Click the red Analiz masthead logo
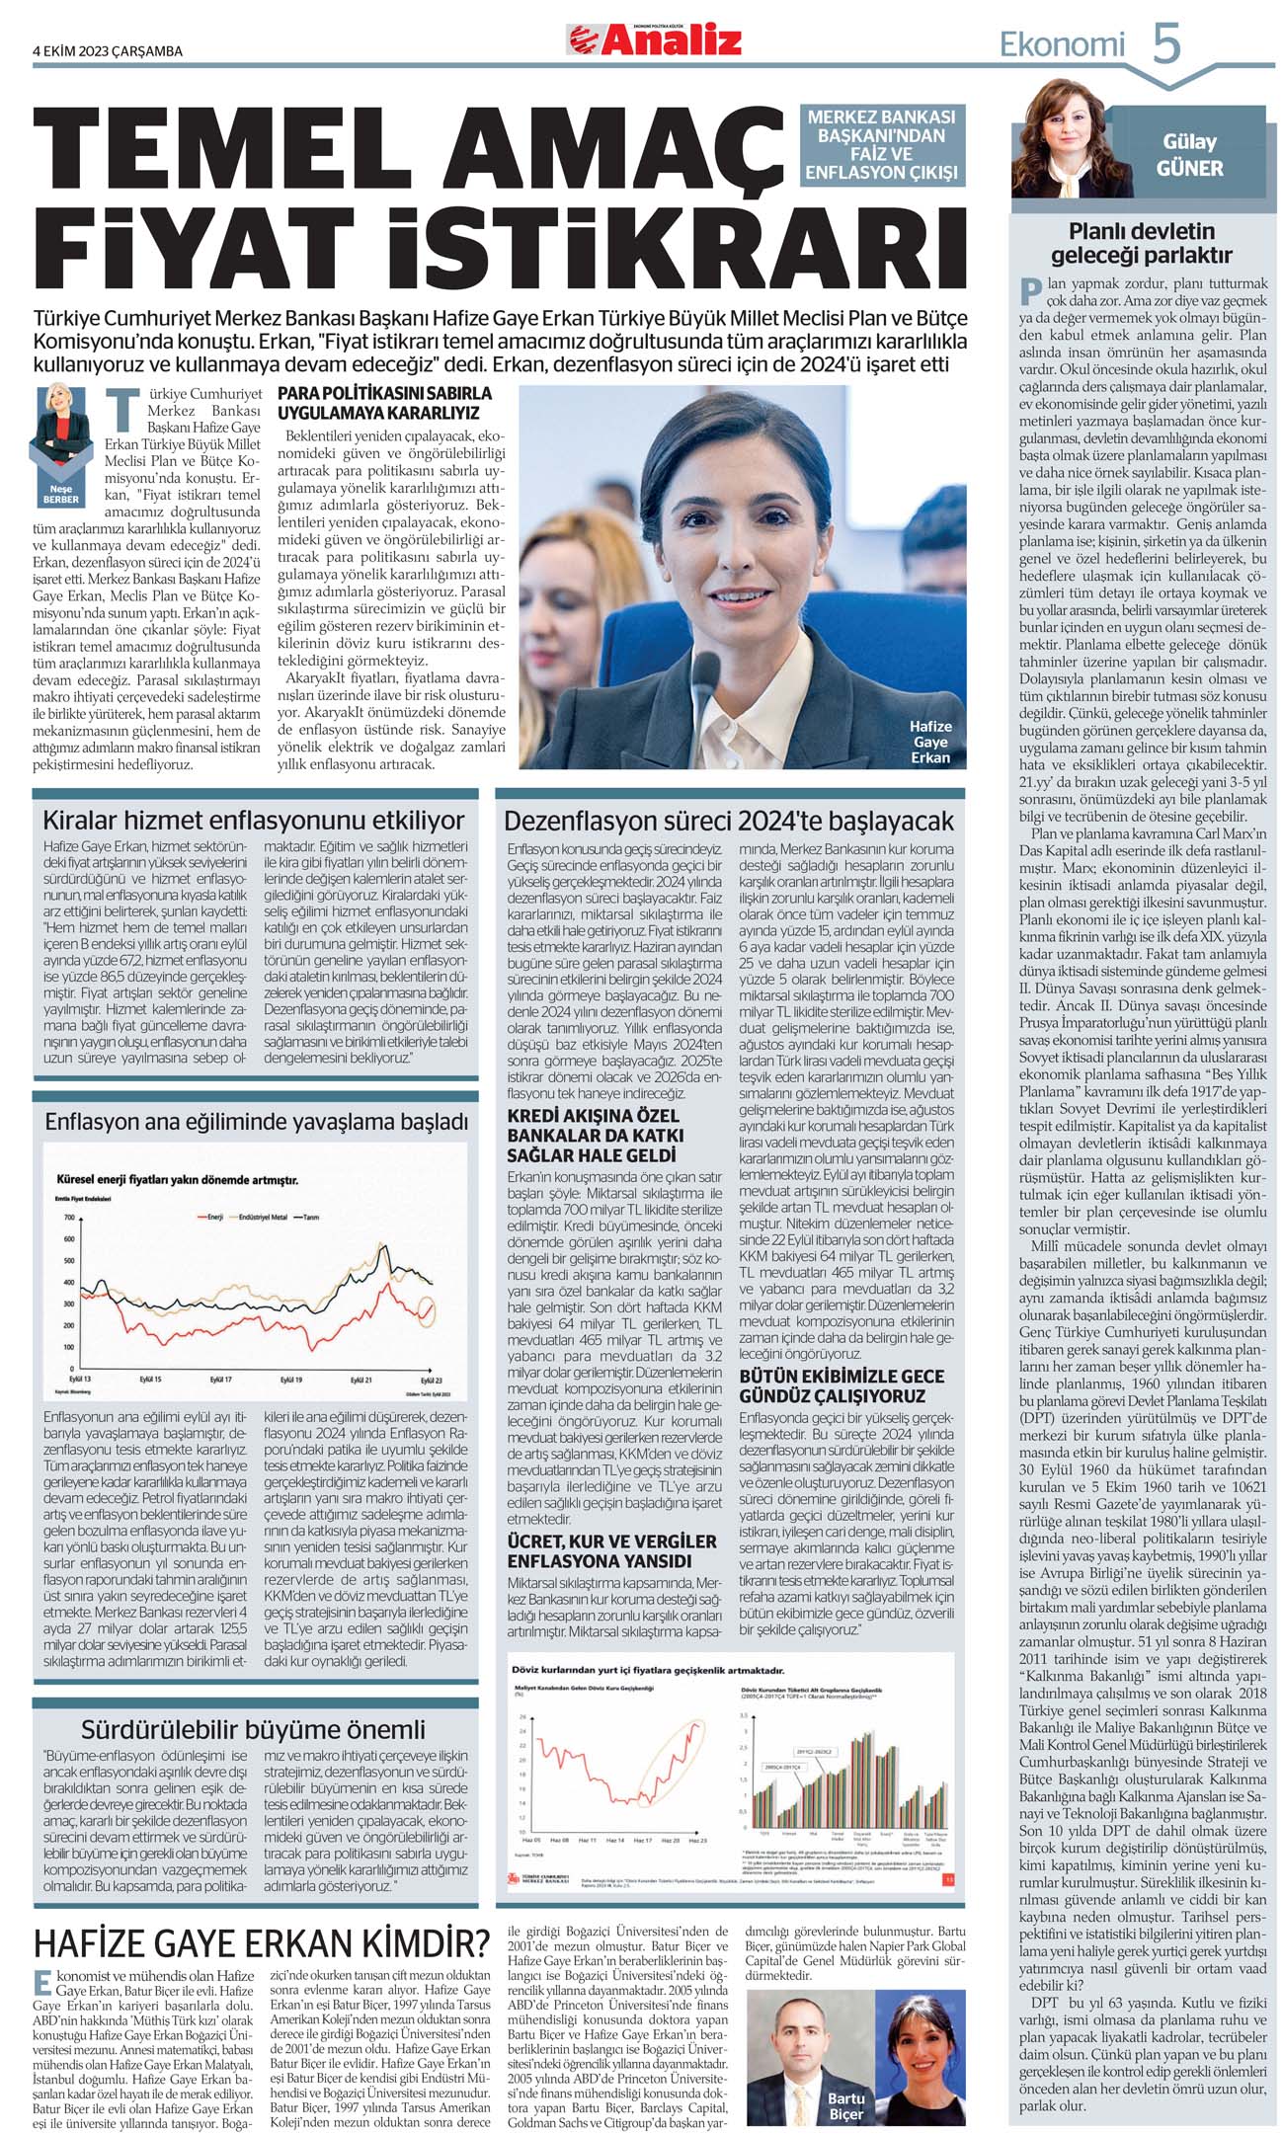coord(653,39)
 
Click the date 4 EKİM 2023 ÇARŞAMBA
coord(108,51)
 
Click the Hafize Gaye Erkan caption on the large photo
coord(929,742)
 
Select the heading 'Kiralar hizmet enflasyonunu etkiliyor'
coord(253,821)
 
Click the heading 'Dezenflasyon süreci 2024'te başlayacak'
coord(729,822)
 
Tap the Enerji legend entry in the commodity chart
coord(209,1218)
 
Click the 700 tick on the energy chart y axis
coord(68,1219)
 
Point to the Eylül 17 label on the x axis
coord(220,1379)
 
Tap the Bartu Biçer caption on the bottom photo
coord(845,2105)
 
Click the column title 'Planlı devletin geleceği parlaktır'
coord(1141,243)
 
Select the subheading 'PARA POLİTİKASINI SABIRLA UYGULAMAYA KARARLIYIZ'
coord(384,402)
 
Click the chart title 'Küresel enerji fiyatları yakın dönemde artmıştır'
coord(178,1180)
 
